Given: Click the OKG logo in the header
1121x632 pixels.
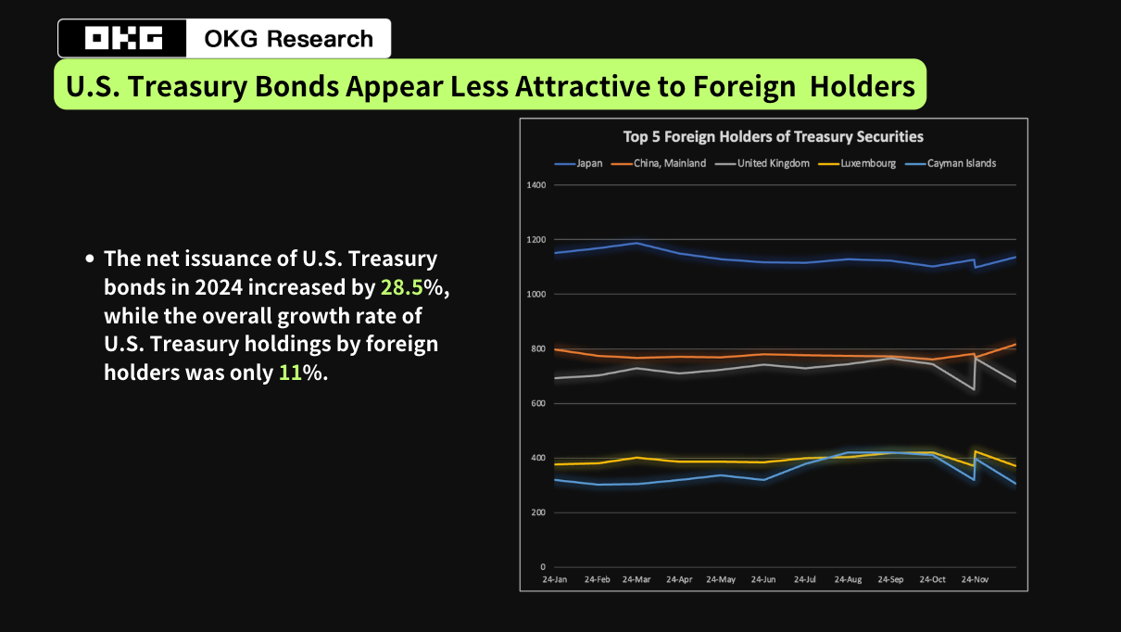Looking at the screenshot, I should [123, 39].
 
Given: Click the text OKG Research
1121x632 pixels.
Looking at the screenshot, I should [288, 39].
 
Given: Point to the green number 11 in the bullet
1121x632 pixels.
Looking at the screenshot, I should [290, 373].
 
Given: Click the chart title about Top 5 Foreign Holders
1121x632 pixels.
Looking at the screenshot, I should [773, 136].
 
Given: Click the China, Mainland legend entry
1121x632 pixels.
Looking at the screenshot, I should [670, 163].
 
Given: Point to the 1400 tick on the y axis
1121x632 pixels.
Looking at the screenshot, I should [535, 185].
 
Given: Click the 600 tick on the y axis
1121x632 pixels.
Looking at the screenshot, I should [537, 404].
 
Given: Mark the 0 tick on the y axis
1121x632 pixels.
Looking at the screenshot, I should [543, 567].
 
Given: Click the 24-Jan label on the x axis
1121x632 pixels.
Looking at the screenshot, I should [555, 580].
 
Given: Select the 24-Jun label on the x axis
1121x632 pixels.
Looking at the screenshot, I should [763, 580].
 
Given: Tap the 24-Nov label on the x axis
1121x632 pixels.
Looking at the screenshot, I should [975, 580].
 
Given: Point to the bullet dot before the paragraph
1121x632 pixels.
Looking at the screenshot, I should [90, 259].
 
